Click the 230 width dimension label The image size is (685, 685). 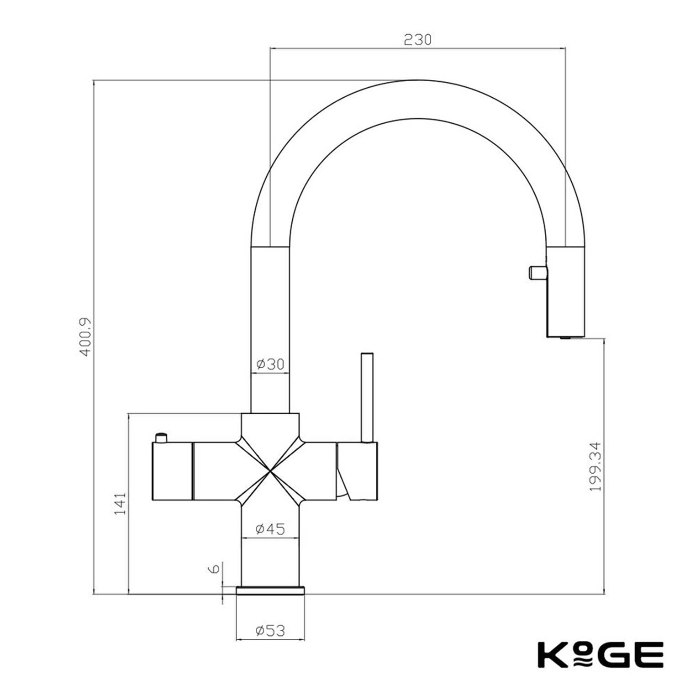tap(417, 40)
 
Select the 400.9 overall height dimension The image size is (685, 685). tap(85, 337)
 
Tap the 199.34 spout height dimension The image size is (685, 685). tap(595, 466)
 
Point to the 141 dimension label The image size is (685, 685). tap(120, 504)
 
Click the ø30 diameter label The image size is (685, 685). tap(270, 364)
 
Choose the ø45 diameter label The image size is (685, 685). tap(270, 529)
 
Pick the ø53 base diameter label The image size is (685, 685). tap(270, 631)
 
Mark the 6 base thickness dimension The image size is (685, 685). tap(214, 569)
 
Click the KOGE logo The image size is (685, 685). tap(600, 654)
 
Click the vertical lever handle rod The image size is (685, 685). tap(367, 397)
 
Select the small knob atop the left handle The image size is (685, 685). tap(161, 437)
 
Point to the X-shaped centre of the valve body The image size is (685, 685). tap(270, 470)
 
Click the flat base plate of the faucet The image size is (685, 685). tap(270, 590)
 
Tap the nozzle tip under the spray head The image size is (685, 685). tap(565, 337)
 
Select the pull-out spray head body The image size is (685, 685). tap(565, 292)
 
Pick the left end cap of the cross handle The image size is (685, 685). tap(172, 471)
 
